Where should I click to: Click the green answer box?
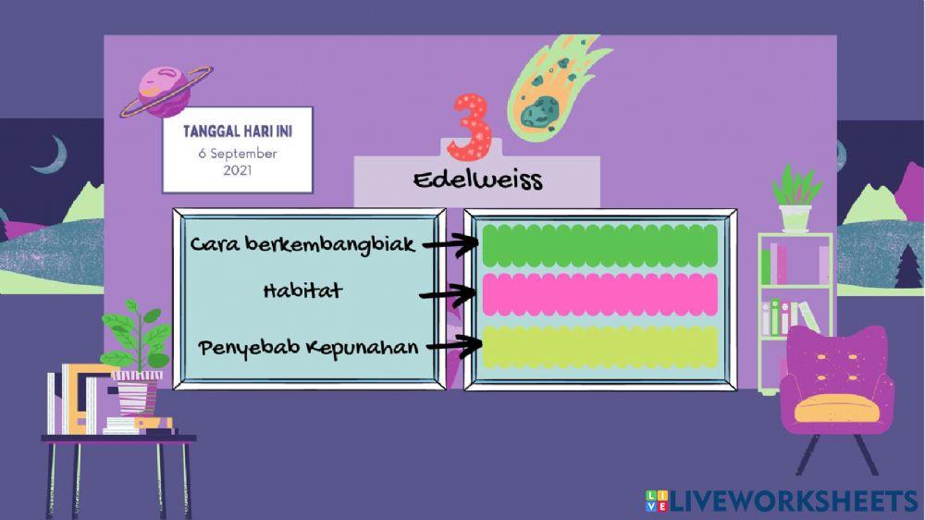tap(599, 245)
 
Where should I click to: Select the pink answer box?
tap(599, 295)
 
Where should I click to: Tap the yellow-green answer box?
tap(599, 346)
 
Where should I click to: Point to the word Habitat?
tap(302, 291)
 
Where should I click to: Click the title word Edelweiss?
tap(477, 180)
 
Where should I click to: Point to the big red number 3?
tap(470, 125)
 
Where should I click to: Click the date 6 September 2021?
tap(238, 163)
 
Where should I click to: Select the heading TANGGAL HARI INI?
tap(238, 131)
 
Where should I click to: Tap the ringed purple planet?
tap(166, 91)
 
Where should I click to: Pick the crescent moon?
tap(50, 155)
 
